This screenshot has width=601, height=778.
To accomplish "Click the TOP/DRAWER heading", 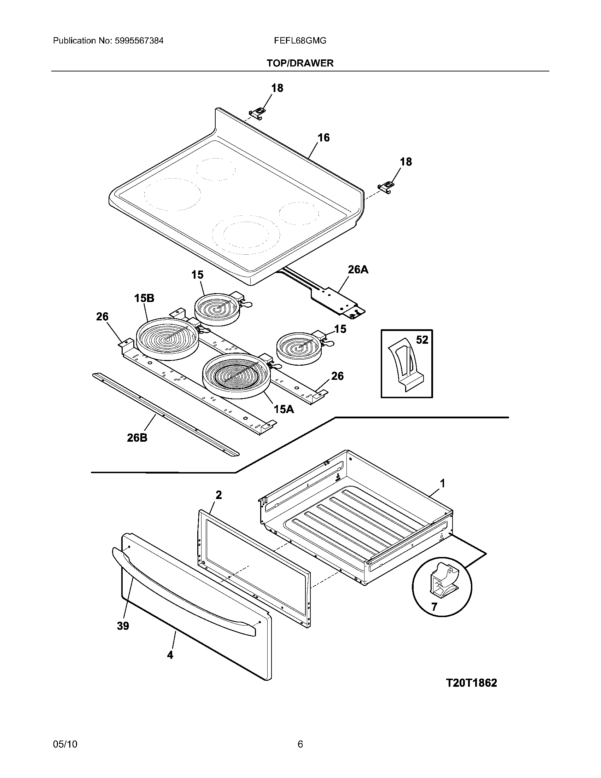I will coord(300,63).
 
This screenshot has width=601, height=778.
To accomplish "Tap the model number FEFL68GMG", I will coord(300,41).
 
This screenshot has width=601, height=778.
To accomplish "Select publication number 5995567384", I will coord(139,41).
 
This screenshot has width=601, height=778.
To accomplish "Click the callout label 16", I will coord(323,138).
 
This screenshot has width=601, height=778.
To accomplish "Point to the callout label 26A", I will coord(358,270).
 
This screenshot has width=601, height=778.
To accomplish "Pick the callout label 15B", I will coord(144,298).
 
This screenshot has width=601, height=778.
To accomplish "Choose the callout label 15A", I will coord(284,409).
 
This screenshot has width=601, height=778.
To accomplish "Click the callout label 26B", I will coord(137,437).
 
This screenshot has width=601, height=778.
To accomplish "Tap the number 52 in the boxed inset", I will coord(422,340).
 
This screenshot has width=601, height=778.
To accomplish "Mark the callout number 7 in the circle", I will coord(434,606).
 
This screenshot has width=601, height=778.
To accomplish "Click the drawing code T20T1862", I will coord(471,683).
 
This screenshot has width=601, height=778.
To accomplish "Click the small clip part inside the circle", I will coord(444,582).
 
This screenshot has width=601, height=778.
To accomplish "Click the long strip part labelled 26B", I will coord(165,414).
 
